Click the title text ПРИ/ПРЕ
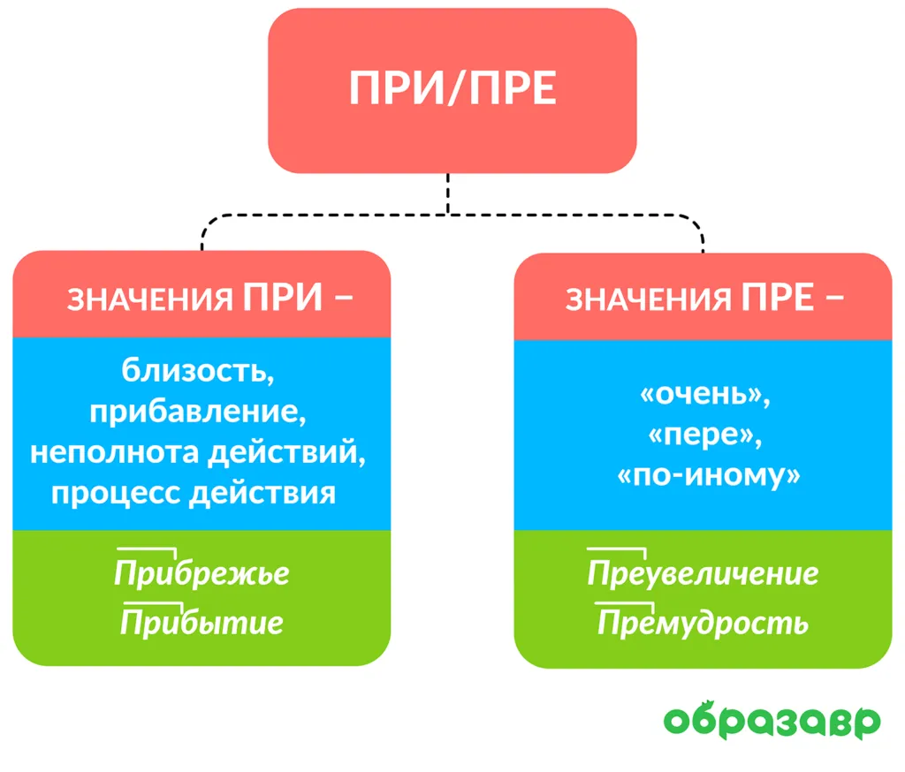(x=452, y=88)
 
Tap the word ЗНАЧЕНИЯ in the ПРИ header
(x=150, y=299)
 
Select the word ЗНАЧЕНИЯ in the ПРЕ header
(x=648, y=299)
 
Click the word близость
(x=197, y=370)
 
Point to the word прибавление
(x=198, y=412)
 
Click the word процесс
(x=116, y=495)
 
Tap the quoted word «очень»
(x=704, y=395)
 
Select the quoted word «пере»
(x=704, y=435)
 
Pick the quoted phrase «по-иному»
(x=709, y=476)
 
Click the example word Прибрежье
(x=202, y=573)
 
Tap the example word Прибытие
(x=202, y=623)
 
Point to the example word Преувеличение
(x=703, y=573)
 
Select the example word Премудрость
(x=703, y=623)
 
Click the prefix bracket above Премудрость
(x=625, y=603)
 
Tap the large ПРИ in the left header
(x=282, y=297)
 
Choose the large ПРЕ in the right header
(x=778, y=297)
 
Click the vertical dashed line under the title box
(x=448, y=193)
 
